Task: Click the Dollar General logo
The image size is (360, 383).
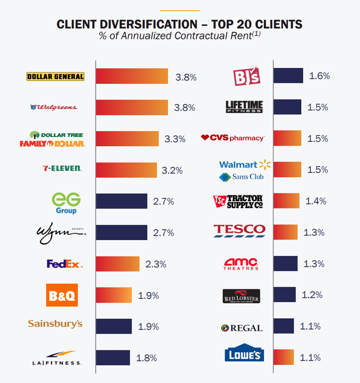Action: [x=55, y=76]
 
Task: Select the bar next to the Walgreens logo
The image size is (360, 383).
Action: [x=132, y=107]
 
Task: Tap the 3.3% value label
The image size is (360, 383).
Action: [x=174, y=139]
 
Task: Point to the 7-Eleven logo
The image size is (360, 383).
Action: [x=62, y=168]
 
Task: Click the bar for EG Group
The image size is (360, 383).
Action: [x=121, y=201]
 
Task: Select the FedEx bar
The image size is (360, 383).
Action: [x=117, y=263]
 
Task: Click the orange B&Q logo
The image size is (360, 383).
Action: [x=61, y=295]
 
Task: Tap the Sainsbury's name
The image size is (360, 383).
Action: [x=55, y=323]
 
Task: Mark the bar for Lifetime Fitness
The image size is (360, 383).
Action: [x=287, y=107]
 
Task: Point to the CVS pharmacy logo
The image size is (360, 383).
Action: [x=232, y=138]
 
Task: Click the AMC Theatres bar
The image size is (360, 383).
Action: [x=285, y=263]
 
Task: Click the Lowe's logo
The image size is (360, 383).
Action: [x=244, y=353]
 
